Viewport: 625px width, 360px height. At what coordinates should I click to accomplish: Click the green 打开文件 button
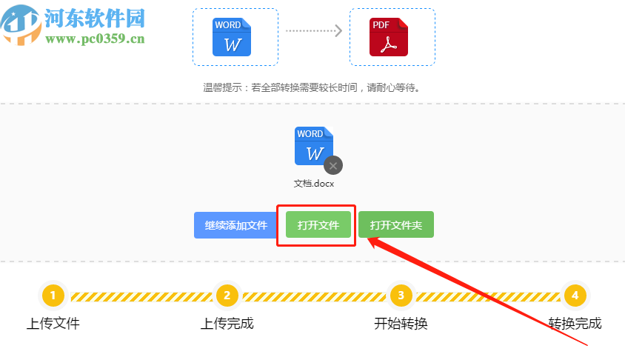[x=318, y=225]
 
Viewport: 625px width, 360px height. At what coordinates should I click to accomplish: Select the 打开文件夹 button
[x=395, y=225]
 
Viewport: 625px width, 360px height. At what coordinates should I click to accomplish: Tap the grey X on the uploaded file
[x=333, y=165]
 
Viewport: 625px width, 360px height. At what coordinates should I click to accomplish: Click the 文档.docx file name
[x=314, y=184]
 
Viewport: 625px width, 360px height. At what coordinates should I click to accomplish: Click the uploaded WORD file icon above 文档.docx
[x=312, y=147]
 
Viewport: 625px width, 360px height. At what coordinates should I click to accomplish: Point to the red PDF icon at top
[x=389, y=37]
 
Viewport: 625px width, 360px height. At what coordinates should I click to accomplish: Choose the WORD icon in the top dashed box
[x=232, y=37]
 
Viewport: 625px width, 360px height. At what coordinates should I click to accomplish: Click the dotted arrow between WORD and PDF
[x=313, y=31]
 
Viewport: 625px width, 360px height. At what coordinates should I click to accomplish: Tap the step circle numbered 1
[x=53, y=296]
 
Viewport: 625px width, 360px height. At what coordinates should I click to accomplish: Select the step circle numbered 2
[x=227, y=296]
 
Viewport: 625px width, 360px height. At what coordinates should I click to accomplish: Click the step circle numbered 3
[x=401, y=296]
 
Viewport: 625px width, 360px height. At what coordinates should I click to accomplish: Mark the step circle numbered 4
[x=575, y=296]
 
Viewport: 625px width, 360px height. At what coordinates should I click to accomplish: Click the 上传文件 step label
[x=53, y=324]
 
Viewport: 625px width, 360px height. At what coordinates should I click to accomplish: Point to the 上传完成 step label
[x=227, y=324]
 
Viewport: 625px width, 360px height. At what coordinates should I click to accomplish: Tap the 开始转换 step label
[x=401, y=324]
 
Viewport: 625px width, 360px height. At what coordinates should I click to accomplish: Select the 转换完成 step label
[x=575, y=324]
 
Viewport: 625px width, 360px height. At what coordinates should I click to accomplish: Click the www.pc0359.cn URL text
[x=94, y=39]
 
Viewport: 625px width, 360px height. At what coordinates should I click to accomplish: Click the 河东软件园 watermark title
[x=95, y=18]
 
